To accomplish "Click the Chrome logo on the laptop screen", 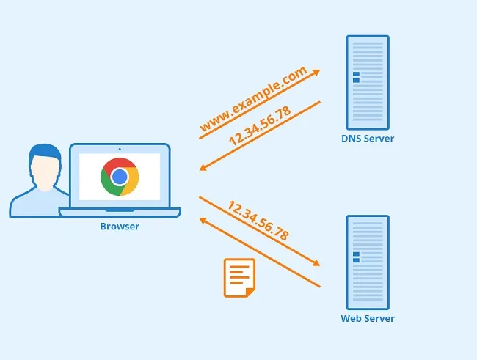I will (120, 177).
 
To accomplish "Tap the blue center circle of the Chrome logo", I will (120, 177).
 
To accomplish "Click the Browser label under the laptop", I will (120, 227).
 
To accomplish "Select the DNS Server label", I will (368, 139).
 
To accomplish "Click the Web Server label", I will (368, 318).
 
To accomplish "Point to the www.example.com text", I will (252, 100).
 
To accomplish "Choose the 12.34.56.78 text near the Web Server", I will (258, 221).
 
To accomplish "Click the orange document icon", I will (239, 278).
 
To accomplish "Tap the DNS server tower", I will (368, 81).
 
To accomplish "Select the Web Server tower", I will (368, 261).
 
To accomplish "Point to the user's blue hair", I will (45, 152).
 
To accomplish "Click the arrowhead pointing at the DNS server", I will (316, 72).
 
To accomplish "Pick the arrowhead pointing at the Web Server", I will (316, 263).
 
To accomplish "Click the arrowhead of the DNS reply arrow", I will (203, 168).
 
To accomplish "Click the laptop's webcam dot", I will (120, 150).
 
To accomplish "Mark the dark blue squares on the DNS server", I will (356, 77).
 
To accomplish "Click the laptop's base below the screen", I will (120, 213).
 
